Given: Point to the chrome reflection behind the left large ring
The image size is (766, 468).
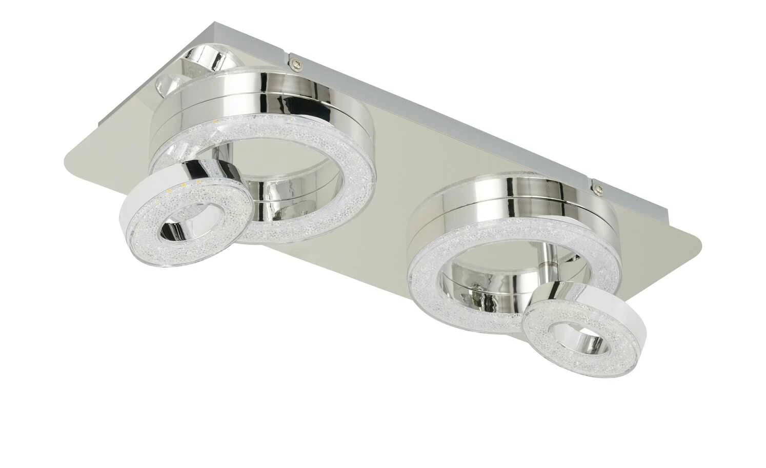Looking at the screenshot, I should (x=205, y=62).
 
